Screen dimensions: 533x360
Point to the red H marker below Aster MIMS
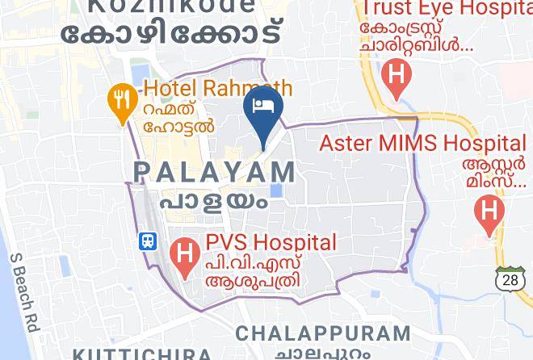coord(489,211)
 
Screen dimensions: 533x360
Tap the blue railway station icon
coord(148,241)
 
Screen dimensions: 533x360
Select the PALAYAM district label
coord(215,171)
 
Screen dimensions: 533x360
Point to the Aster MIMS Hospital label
coord(422,144)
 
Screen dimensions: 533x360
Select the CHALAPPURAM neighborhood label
coord(323,333)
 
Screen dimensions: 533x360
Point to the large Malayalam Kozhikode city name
coord(174,34)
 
